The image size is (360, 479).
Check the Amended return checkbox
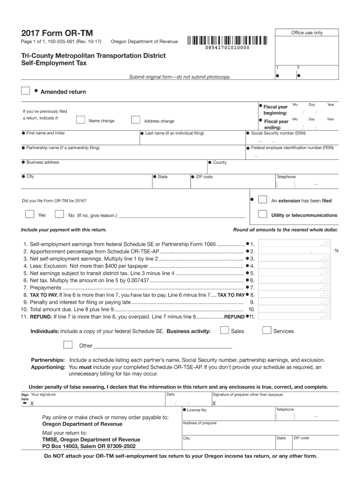pos(26,91)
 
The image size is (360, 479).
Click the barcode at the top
pos(227,40)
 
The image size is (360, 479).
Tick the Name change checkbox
pos(80,120)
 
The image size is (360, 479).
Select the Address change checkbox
pos(136,120)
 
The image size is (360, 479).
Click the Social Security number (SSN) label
pos(278,133)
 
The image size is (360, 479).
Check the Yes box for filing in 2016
pos(29,215)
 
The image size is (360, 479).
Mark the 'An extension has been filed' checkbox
pos(263,200)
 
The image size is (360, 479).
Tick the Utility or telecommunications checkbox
pos(263,215)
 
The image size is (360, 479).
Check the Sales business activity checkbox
pos(224,331)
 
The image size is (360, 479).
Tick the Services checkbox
pos(266,331)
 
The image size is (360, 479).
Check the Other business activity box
pos(68,345)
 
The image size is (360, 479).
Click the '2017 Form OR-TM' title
pos(57,33)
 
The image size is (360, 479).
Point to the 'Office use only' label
pos(307,33)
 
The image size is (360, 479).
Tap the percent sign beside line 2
pos(337,251)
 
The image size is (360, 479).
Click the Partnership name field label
pos(63,148)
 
